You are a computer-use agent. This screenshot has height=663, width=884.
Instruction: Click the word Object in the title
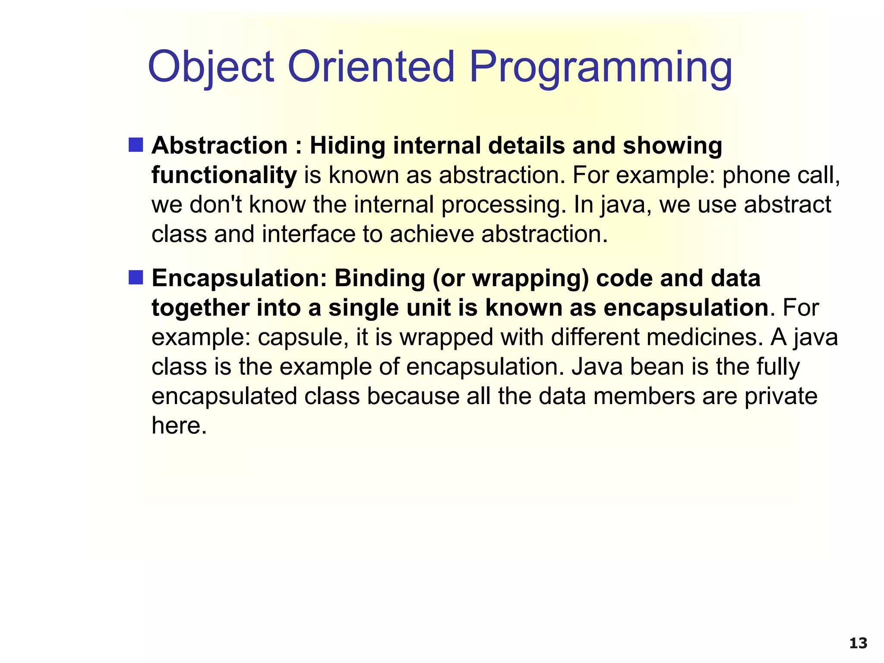click(211, 67)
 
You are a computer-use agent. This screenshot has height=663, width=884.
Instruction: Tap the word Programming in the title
click(600, 67)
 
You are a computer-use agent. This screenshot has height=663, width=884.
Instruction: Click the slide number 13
click(858, 644)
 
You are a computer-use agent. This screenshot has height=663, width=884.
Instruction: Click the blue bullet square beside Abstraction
click(136, 145)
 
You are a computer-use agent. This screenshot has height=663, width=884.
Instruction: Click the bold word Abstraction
click(219, 145)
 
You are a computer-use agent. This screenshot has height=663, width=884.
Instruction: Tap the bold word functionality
click(224, 175)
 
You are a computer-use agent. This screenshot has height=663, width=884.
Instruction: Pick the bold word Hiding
click(347, 145)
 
